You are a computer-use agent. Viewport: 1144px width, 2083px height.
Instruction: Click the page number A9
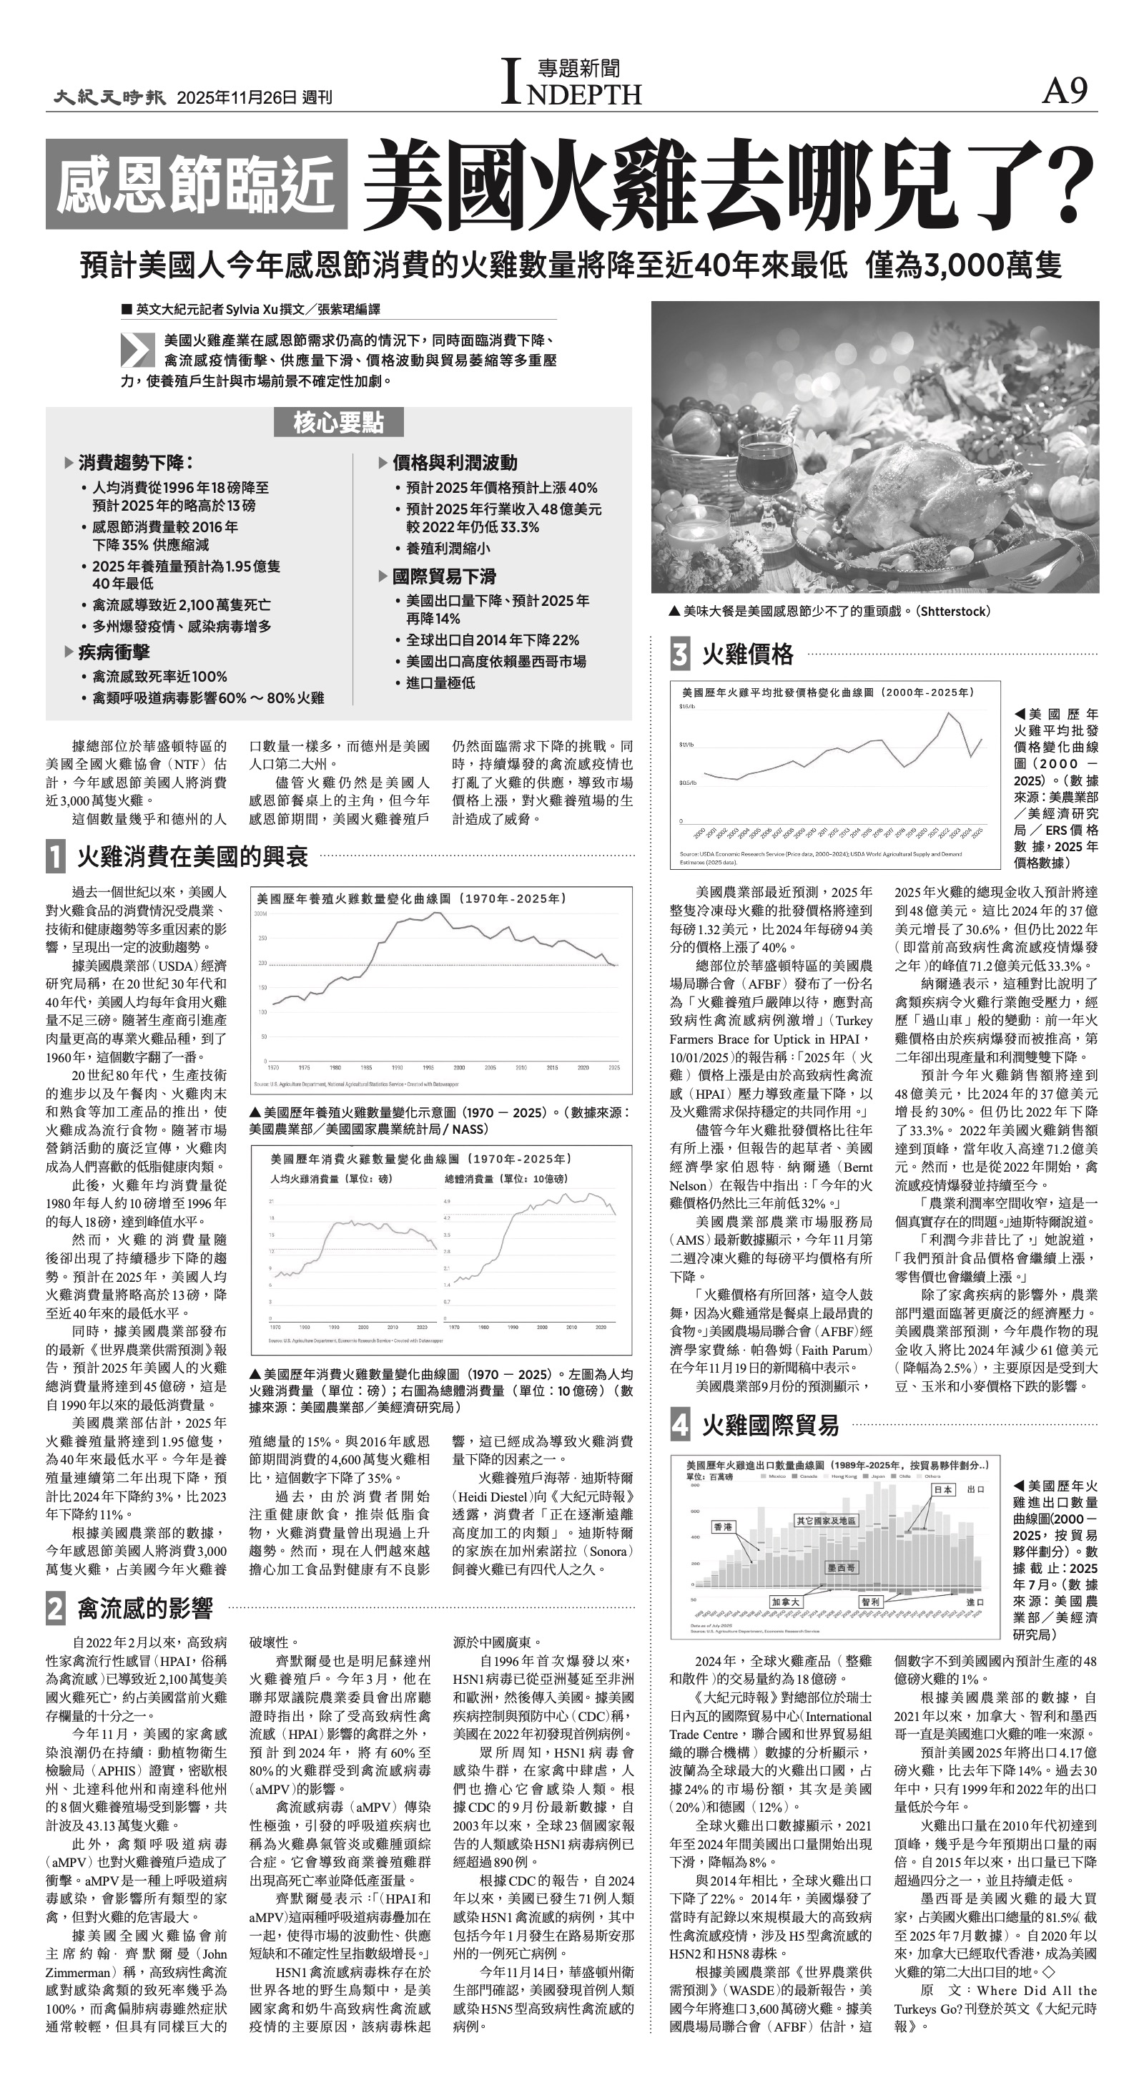tap(1064, 92)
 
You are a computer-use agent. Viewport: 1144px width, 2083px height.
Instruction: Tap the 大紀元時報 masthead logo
tap(110, 97)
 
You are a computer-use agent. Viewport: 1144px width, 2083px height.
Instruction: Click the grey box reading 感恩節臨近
tap(196, 184)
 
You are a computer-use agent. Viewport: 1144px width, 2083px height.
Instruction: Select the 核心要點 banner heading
tap(338, 422)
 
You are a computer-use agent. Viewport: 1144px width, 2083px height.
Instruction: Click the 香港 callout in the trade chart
tap(723, 1526)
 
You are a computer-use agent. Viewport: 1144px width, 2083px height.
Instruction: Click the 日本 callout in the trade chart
tap(942, 1489)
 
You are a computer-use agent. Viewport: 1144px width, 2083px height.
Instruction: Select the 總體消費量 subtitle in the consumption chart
tap(506, 1179)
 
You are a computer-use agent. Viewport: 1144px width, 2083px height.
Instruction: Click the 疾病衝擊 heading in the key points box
tap(113, 652)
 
